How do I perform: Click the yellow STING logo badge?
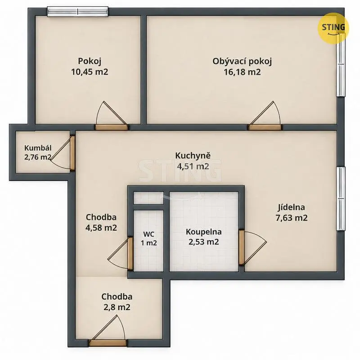(333, 28)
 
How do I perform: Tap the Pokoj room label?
(90, 61)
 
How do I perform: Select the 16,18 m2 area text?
(242, 72)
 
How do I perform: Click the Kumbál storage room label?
(38, 148)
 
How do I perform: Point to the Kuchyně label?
(193, 156)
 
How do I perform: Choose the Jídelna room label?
(291, 207)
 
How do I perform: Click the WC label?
(149, 234)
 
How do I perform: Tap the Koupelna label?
(204, 232)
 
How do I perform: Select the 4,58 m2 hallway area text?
(101, 228)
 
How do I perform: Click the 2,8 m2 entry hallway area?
(117, 307)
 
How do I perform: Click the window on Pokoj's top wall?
(77, 12)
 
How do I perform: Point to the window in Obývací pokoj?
(341, 65)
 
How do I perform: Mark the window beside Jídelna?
(341, 198)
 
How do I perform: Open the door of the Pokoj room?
(112, 127)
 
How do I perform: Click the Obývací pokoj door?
(265, 127)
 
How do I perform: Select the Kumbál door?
(72, 153)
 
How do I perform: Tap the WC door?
(130, 253)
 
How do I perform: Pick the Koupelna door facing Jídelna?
(242, 248)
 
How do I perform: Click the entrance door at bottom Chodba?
(108, 343)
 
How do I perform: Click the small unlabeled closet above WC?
(148, 198)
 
